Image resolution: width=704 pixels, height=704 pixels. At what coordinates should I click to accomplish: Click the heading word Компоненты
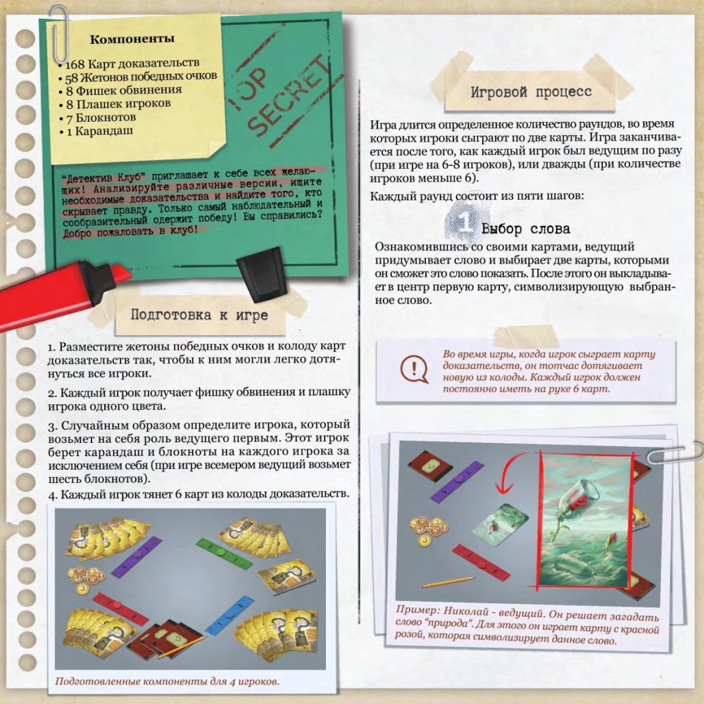click(132, 39)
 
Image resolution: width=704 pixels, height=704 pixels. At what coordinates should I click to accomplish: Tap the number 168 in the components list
click(75, 65)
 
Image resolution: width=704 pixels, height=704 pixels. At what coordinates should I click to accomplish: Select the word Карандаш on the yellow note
click(103, 131)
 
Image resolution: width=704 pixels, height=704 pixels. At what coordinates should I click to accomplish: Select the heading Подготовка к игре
click(199, 315)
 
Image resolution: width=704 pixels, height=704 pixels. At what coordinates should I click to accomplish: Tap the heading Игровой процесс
click(531, 92)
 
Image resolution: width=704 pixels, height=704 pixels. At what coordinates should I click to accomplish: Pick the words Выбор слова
click(526, 229)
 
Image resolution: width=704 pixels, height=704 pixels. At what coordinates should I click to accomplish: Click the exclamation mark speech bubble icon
click(414, 369)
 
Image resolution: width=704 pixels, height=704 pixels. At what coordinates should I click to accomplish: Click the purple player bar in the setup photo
click(137, 556)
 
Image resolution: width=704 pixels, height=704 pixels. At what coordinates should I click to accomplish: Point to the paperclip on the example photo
click(674, 453)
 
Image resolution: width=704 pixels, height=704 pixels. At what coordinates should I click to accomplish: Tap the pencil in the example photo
click(448, 582)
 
